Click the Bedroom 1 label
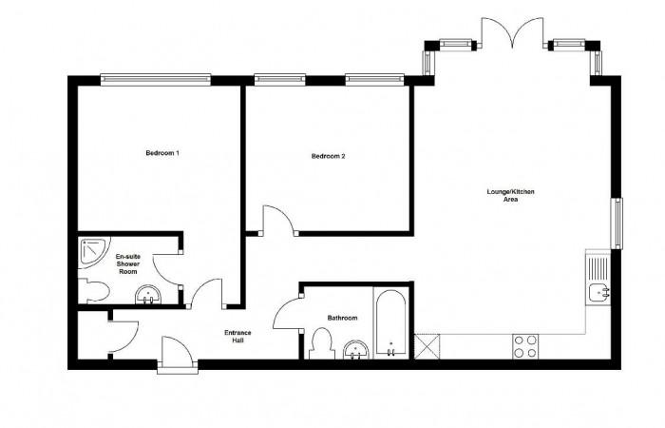tap(162, 153)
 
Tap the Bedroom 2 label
tap(329, 156)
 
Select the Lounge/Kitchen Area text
tap(511, 195)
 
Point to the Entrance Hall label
tap(237, 337)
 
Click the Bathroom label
tap(342, 318)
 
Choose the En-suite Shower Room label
tap(128, 264)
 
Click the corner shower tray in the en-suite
tap(94, 252)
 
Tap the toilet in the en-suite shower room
tap(95, 291)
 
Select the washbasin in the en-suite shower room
tap(148, 295)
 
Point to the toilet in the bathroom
tap(321, 344)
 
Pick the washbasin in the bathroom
tap(356, 350)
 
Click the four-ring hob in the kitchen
tap(525, 346)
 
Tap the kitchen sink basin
tap(598, 292)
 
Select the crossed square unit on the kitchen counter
tap(427, 347)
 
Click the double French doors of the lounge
tap(512, 32)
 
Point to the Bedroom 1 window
tap(155, 80)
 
